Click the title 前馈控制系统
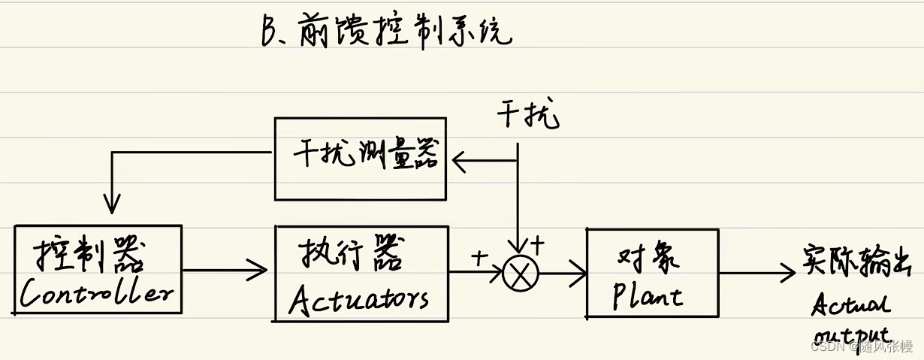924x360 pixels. [x=405, y=32]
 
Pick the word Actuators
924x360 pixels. [x=360, y=298]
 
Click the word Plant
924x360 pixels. [x=647, y=295]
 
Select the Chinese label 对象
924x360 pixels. [x=648, y=259]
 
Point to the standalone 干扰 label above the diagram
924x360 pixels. [x=528, y=117]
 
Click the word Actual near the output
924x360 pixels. [x=850, y=305]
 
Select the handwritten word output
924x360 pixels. [x=850, y=333]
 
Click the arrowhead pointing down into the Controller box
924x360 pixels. [x=112, y=204]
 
